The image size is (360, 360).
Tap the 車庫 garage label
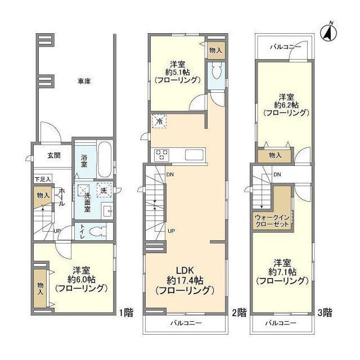[84, 82]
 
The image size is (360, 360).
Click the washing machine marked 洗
[103, 190]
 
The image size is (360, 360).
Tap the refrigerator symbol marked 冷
[159, 121]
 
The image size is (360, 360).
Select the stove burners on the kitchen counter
[163, 154]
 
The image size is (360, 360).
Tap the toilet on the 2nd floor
[216, 74]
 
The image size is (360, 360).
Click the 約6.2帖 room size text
[286, 104]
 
